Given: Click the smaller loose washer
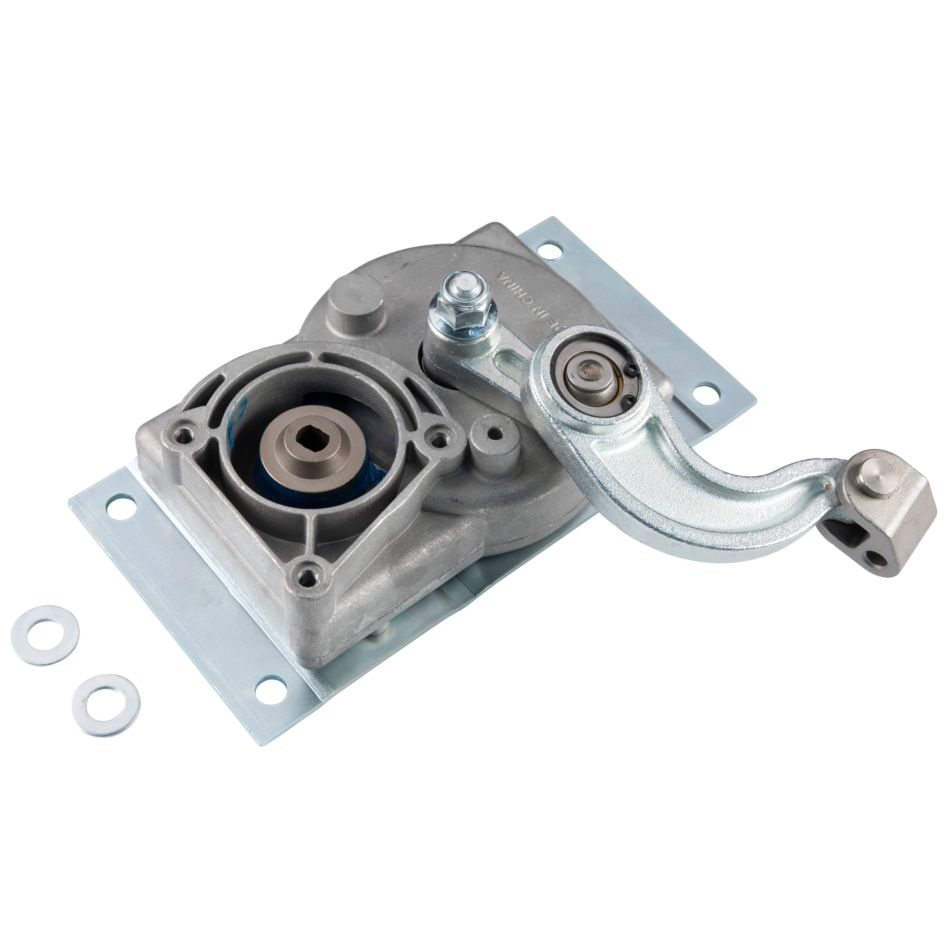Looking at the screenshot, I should tap(105, 697).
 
